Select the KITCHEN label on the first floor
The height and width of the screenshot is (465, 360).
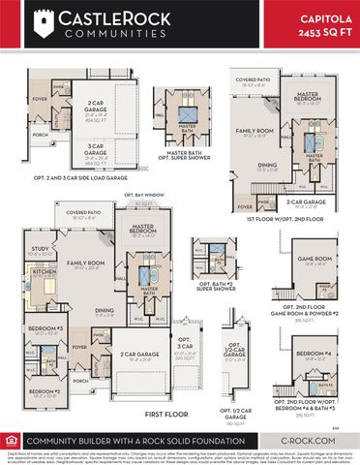pyautogui.click(x=45, y=272)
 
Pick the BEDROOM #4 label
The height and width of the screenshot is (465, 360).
pyautogui.click(x=316, y=354)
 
